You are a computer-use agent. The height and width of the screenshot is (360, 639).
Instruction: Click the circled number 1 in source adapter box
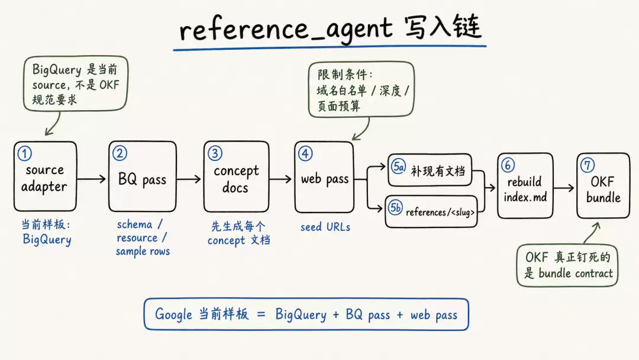coord(24,154)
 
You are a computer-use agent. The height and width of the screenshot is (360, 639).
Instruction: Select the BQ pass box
coord(143,176)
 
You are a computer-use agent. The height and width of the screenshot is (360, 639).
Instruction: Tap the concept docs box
coord(236,176)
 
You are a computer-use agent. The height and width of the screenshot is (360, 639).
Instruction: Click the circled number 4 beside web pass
coord(305,153)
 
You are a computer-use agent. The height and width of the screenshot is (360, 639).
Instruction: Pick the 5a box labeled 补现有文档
coord(430,169)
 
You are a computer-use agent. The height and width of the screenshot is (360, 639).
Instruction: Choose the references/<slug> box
coord(431,211)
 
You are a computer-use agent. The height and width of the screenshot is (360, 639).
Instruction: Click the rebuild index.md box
coord(525,185)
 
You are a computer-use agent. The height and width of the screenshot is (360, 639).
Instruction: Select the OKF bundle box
coord(603,185)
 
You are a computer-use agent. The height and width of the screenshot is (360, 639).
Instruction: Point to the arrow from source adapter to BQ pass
coord(91,179)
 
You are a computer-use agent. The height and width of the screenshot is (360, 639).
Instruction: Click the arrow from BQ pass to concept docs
coord(189,179)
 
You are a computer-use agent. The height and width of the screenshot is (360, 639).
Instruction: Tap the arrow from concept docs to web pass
coord(280,179)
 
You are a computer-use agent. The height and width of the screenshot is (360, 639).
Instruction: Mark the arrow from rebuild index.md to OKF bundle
coord(564,188)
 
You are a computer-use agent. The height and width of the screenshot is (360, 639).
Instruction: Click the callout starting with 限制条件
coord(361,89)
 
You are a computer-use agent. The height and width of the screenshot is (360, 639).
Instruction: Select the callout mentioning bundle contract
coord(567,265)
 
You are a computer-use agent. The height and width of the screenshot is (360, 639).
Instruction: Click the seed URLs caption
coord(325,227)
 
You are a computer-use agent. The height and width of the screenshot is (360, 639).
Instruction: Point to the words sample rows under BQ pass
coord(143,252)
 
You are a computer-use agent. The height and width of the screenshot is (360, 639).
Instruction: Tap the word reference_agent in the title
coord(286,28)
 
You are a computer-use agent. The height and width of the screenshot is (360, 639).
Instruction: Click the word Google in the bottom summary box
coord(173,314)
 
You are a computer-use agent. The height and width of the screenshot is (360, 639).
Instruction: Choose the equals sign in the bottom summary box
coord(262,315)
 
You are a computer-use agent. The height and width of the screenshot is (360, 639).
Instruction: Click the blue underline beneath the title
coord(330,48)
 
